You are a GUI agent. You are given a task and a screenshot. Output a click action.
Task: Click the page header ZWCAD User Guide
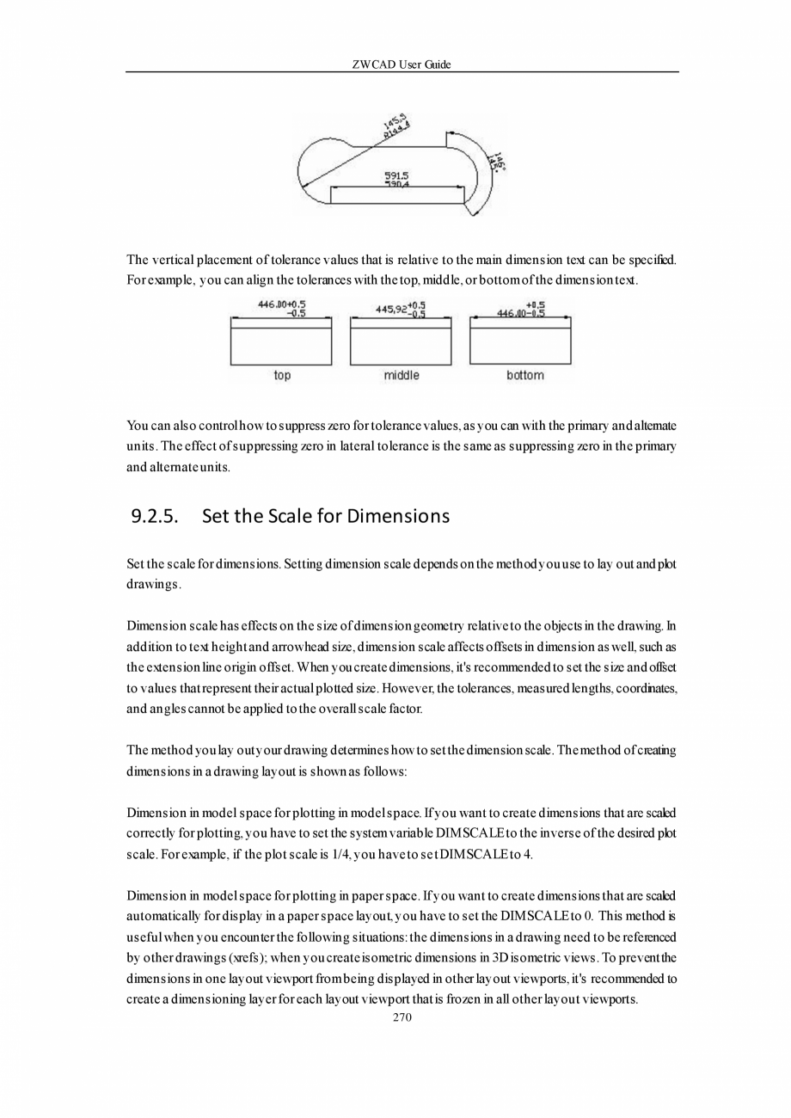pyautogui.click(x=402, y=64)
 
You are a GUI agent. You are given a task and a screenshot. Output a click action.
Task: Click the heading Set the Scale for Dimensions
pyautogui.click(x=325, y=517)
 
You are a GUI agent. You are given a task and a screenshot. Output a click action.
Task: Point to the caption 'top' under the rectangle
pyautogui.click(x=282, y=376)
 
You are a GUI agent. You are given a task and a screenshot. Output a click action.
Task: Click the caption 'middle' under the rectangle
pyautogui.click(x=401, y=376)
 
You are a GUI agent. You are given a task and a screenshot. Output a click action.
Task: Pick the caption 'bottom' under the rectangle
pyautogui.click(x=524, y=376)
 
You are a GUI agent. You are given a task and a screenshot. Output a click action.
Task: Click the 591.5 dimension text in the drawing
pyautogui.click(x=395, y=175)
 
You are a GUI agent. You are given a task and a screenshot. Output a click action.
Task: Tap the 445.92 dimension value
pyautogui.click(x=389, y=309)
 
